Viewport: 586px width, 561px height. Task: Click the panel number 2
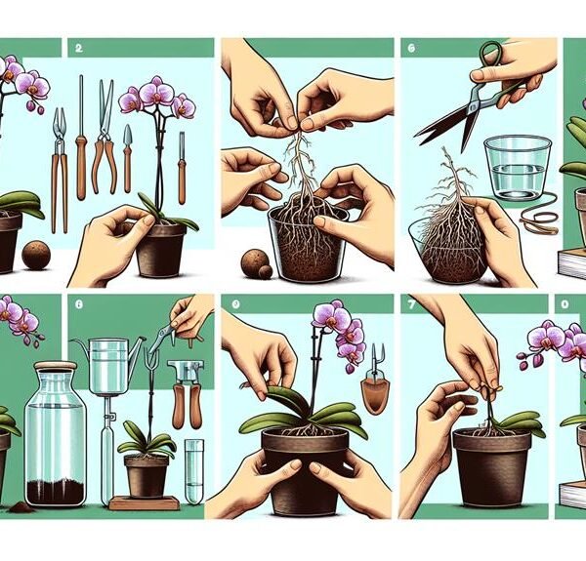[78, 46]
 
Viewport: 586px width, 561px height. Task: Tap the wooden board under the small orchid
[145, 502]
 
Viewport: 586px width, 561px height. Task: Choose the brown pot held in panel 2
[161, 249]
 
